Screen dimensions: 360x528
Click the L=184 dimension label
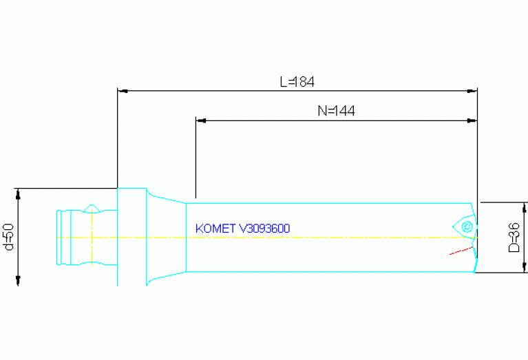297,81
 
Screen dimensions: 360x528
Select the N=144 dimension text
336,111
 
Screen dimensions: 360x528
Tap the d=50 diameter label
8,236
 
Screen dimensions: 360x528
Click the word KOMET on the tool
215,229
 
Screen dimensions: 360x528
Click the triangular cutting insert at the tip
465,226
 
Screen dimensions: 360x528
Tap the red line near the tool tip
458,251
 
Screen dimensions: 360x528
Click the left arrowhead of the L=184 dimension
122,90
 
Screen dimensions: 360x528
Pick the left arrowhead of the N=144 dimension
201,120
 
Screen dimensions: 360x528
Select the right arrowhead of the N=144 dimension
472,120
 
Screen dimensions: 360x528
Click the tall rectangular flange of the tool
131,236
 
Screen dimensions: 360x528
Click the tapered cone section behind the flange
165,237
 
